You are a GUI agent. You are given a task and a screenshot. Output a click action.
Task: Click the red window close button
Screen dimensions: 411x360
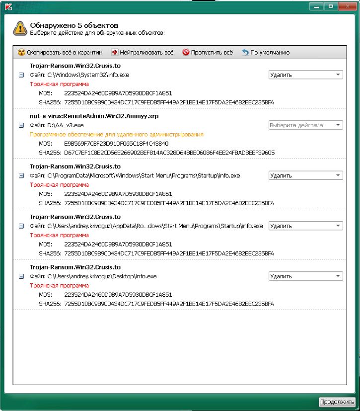click(x=347, y=6)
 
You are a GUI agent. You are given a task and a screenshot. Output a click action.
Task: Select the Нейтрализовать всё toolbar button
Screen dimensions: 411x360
click(x=143, y=52)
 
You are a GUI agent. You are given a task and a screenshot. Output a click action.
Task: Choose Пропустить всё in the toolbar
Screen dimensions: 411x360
click(x=207, y=52)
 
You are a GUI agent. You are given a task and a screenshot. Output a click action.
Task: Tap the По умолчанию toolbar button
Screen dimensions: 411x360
click(x=266, y=52)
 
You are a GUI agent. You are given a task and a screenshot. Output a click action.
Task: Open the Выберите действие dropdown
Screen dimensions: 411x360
click(x=305, y=125)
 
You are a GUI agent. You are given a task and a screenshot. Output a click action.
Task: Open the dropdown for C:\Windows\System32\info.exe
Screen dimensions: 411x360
click(x=305, y=75)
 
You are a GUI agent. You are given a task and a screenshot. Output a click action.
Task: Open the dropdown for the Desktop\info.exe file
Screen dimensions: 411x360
click(x=305, y=276)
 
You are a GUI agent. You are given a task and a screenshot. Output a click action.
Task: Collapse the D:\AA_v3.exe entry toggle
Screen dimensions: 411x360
click(x=21, y=125)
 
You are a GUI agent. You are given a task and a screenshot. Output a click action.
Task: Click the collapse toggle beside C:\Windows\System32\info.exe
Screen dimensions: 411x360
click(x=21, y=75)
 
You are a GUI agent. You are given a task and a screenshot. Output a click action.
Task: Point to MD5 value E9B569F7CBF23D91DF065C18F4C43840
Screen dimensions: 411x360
click(x=116, y=144)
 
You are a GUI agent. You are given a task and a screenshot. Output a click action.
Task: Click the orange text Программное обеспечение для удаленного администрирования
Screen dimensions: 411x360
click(x=116, y=134)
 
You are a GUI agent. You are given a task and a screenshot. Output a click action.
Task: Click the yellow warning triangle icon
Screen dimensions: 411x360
click(x=19, y=28)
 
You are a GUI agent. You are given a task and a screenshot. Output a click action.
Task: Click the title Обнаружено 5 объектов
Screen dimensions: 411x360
click(x=74, y=25)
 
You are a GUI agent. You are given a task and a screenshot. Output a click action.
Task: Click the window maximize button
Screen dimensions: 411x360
click(x=330, y=6)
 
